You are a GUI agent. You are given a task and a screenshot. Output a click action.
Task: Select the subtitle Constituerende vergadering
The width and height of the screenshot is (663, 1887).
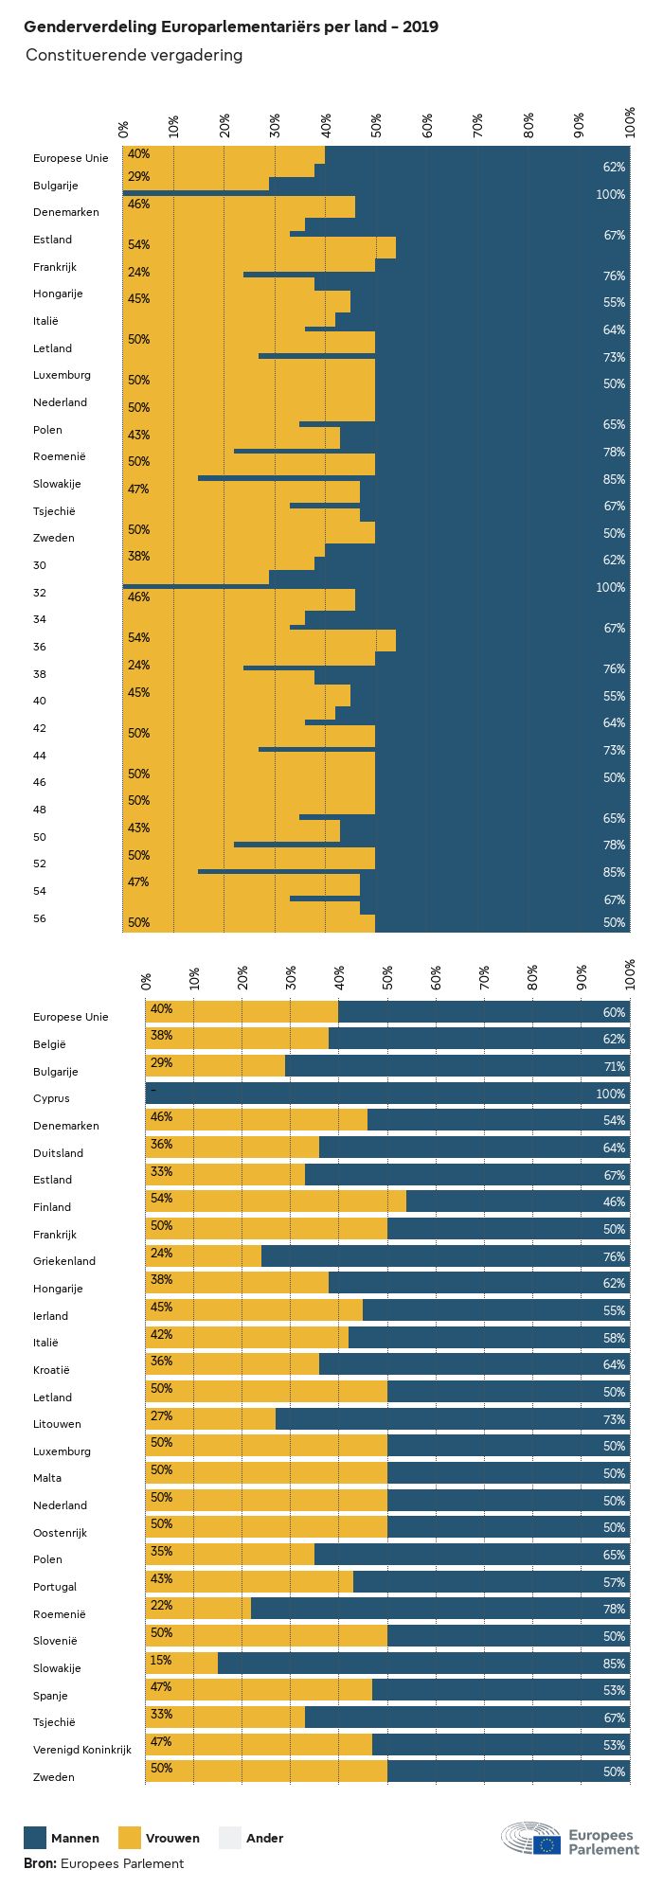[134, 55]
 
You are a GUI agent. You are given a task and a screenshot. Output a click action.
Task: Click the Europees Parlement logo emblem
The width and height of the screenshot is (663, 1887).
[531, 1839]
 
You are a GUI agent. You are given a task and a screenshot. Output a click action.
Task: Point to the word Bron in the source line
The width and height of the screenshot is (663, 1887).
[40, 1863]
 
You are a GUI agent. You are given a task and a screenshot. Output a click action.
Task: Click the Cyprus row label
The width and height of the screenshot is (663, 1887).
[51, 1098]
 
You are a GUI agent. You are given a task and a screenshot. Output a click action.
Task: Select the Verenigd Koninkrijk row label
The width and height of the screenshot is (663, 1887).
[82, 1750]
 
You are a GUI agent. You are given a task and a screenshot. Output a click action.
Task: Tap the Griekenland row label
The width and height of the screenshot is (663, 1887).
[64, 1261]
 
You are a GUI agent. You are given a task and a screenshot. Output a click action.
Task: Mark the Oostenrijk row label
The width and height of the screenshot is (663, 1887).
[61, 1533]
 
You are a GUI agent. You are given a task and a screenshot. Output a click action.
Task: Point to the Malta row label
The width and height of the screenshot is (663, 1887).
[47, 1478]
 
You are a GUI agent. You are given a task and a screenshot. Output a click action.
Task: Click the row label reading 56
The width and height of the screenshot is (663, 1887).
[40, 918]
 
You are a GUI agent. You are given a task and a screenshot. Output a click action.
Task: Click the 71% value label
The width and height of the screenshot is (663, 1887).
[614, 1066]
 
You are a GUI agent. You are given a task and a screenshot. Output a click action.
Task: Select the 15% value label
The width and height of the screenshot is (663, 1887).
[161, 1660]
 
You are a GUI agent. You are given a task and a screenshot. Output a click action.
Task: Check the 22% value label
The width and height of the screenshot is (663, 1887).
[161, 1606]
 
